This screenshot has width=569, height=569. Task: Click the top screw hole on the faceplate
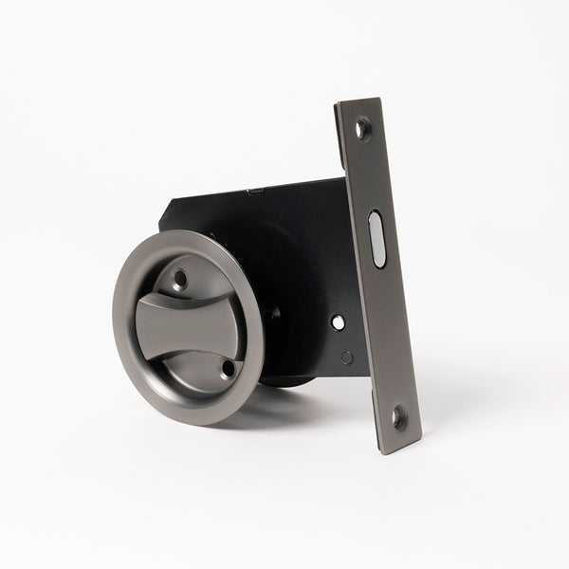[x=362, y=127]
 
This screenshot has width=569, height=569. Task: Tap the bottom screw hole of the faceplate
[x=398, y=414]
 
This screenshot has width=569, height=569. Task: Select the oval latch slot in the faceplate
[x=376, y=238]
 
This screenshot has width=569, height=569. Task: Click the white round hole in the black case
[x=339, y=322]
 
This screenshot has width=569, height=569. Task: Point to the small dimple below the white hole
[x=347, y=357]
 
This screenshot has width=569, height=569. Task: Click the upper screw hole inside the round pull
[x=179, y=279]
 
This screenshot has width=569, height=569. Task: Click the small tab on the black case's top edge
[x=254, y=192]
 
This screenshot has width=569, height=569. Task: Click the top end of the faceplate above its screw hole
[x=352, y=105]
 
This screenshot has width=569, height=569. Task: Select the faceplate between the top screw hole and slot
[x=368, y=175]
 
